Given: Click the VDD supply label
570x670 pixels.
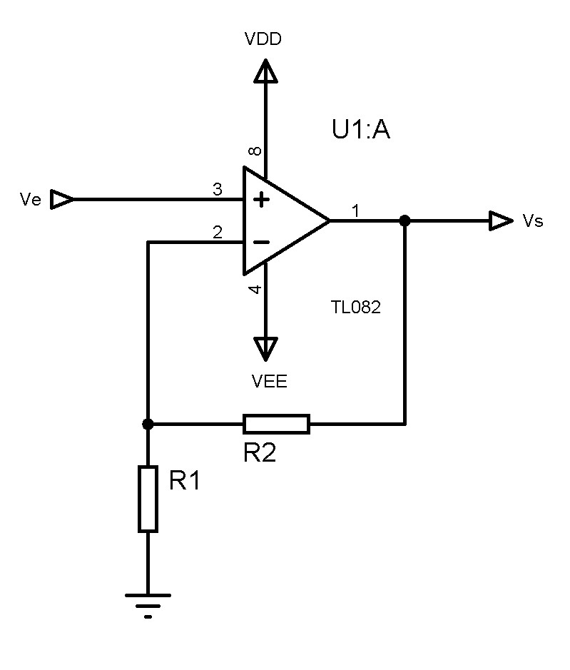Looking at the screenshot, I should (x=263, y=39).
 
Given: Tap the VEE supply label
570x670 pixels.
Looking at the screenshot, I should (x=270, y=382).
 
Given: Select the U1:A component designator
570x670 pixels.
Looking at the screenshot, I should (x=361, y=130).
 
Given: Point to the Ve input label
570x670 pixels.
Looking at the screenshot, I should (x=31, y=201).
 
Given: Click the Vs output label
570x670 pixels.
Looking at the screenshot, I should (x=533, y=221).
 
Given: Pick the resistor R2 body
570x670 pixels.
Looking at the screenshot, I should (x=276, y=424).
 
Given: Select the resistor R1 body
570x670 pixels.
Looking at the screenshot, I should (x=148, y=498).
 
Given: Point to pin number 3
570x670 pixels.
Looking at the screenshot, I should (x=217, y=190).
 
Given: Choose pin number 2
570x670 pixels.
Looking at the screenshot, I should (x=217, y=233).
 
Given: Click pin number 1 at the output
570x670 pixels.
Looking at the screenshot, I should (x=356, y=211).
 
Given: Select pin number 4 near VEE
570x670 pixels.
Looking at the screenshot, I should (x=255, y=290).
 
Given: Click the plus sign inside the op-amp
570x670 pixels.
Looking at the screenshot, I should (x=263, y=201).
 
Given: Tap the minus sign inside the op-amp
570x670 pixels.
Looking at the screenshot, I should (x=262, y=243).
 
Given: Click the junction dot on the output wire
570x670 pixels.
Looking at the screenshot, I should (x=404, y=221).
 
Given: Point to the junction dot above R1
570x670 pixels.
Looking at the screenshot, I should (x=148, y=424).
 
